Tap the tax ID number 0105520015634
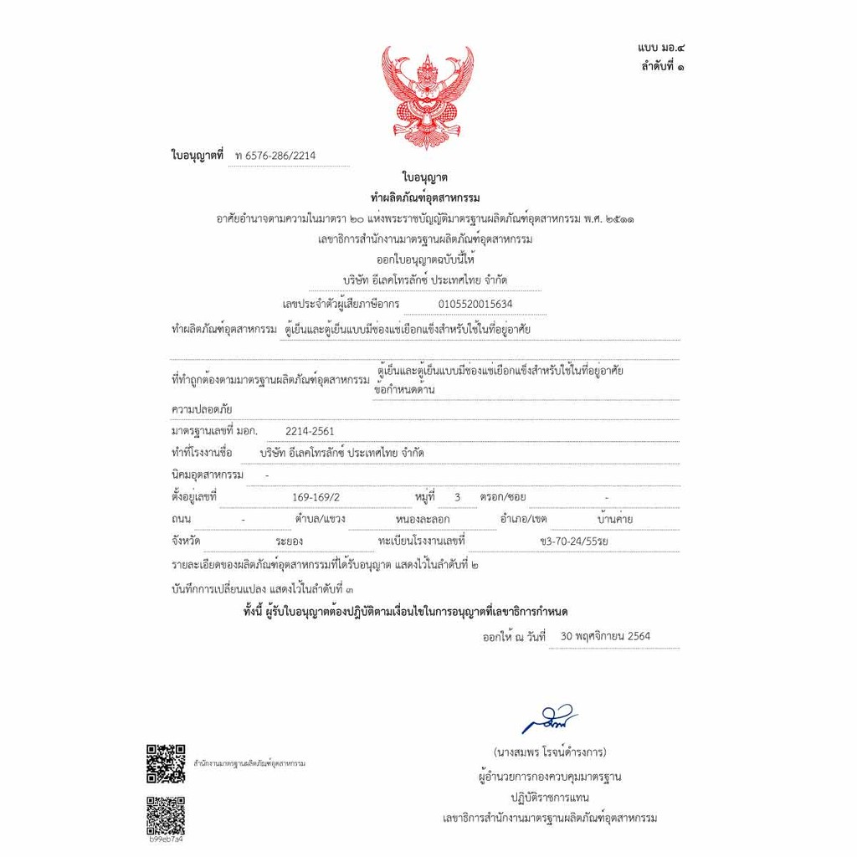pos(475,304)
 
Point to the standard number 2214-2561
pos(310,431)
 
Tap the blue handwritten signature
pos(549,717)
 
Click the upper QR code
pos(166,762)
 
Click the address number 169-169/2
pos(316,497)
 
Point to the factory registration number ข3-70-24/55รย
pos(574,541)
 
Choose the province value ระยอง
pos(289,541)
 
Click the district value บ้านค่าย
pos(609,519)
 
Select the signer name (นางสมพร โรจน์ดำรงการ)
pos(549,751)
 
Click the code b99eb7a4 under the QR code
pos(165,839)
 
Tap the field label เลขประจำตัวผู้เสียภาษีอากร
pos(341,304)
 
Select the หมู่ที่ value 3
pos(457,497)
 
